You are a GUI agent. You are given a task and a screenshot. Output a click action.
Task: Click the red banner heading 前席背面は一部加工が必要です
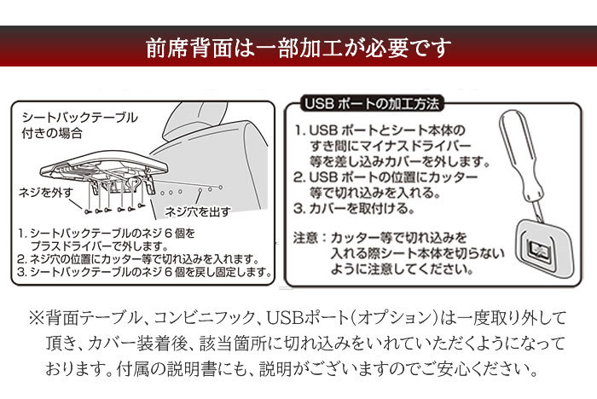pyautogui.click(x=298, y=48)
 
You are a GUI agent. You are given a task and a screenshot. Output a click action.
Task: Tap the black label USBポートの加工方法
pyautogui.click(x=372, y=103)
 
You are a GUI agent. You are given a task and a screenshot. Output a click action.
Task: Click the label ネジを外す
pyautogui.click(x=46, y=193)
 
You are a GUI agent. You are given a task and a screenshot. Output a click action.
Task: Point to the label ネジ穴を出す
pyautogui.click(x=198, y=211)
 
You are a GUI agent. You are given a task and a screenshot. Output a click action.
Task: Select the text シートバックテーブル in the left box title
pyautogui.click(x=80, y=118)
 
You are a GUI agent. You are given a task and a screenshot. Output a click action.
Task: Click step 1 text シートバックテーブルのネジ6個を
pyautogui.click(x=113, y=233)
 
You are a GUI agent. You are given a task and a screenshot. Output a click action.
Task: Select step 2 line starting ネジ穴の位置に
pyautogui.click(x=138, y=259)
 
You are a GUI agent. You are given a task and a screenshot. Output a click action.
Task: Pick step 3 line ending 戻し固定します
pyautogui.click(x=145, y=272)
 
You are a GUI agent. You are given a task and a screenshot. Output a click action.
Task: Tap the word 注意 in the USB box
pyautogui.click(x=305, y=238)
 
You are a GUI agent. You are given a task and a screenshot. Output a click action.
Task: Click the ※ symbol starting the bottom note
pyautogui.click(x=37, y=318)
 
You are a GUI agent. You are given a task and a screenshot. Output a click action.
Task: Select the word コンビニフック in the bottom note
pyautogui.click(x=204, y=318)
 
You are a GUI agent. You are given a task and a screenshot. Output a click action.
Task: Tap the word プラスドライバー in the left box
pyautogui.click(x=71, y=246)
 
